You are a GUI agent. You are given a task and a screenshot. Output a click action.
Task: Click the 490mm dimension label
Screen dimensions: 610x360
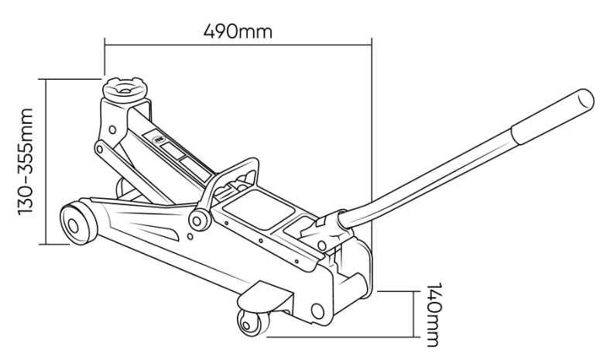238,31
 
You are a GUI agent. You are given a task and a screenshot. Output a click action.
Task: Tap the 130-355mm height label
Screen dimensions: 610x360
26,162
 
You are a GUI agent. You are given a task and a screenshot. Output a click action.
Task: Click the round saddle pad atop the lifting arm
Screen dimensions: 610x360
125,90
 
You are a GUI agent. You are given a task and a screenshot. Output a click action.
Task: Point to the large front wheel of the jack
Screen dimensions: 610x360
79,223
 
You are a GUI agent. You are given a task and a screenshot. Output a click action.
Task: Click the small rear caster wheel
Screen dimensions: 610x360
253,323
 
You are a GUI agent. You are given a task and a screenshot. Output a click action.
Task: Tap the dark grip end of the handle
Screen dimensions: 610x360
552,115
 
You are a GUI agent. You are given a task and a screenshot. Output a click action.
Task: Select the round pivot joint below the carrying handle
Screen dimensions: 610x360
200,221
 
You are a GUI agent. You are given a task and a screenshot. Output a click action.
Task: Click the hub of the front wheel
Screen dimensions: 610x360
73,226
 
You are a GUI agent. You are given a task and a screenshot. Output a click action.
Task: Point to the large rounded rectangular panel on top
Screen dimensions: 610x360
258,209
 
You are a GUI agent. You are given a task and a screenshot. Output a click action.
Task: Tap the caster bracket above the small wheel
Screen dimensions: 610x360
266,297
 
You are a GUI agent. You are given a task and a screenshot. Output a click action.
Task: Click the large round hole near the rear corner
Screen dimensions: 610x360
317,311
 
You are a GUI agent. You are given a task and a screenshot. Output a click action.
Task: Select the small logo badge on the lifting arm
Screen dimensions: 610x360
159,139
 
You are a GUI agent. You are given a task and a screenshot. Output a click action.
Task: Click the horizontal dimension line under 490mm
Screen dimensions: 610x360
238,45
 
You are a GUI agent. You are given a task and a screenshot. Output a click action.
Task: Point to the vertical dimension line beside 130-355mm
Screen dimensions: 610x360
46,162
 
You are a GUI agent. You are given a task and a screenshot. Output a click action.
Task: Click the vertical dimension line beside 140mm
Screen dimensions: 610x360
413,314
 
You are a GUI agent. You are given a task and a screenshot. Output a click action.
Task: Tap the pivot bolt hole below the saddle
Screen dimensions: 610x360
112,129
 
